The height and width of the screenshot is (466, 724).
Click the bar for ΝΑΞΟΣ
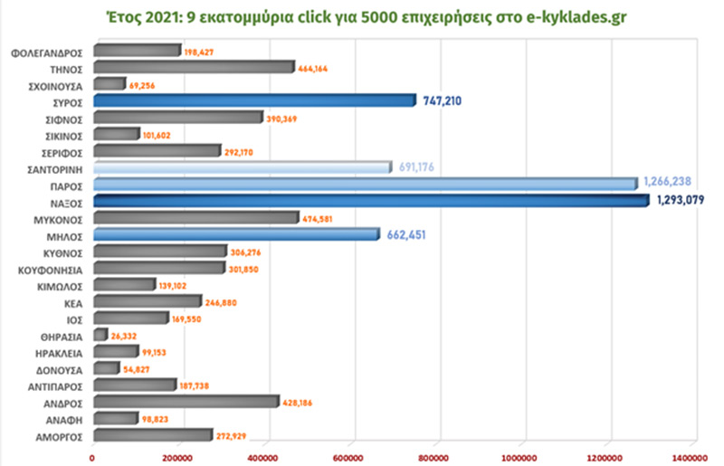(371, 201)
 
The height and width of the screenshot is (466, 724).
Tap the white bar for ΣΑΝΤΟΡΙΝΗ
(242, 167)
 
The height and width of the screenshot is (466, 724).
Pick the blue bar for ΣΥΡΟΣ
(253, 100)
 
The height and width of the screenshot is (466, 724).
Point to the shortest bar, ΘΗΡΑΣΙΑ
(100, 335)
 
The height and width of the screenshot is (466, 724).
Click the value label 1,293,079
(685, 201)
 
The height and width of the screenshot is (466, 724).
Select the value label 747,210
(443, 101)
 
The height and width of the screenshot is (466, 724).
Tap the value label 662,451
(405, 234)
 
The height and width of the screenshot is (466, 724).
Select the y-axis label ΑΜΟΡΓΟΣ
(60, 436)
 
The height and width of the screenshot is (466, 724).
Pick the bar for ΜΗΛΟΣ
(235, 234)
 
